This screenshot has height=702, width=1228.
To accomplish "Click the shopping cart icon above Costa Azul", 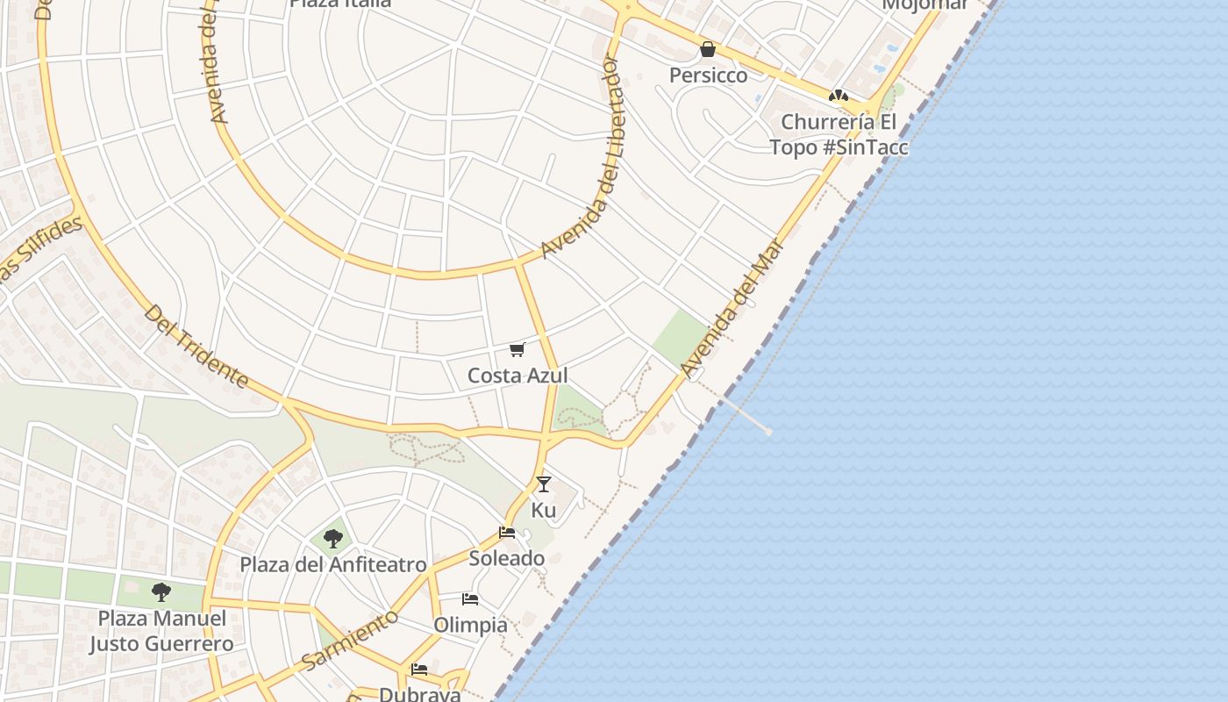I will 518,350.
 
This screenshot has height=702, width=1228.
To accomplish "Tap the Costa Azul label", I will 518,376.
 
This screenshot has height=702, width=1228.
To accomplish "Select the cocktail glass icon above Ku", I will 544,484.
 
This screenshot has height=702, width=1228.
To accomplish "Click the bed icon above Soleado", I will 506,532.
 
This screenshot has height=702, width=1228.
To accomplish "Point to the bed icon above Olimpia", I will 470,599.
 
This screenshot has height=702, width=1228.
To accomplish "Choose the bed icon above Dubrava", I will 419,670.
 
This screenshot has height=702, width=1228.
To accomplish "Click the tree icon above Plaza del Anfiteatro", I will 332,538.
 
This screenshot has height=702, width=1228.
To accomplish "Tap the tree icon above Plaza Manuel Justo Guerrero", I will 161,592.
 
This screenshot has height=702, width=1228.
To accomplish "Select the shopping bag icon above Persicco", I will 708,49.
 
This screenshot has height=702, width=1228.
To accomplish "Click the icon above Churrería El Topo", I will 838,96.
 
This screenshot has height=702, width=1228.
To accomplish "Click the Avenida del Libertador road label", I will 580,158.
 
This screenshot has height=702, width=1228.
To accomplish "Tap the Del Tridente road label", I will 196,347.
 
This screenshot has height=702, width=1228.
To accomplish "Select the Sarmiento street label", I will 350,640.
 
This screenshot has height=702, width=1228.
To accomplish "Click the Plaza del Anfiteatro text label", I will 333,564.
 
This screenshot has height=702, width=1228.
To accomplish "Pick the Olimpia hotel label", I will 471,625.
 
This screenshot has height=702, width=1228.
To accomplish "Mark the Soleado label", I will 506,558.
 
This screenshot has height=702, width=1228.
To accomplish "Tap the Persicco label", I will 709,75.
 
